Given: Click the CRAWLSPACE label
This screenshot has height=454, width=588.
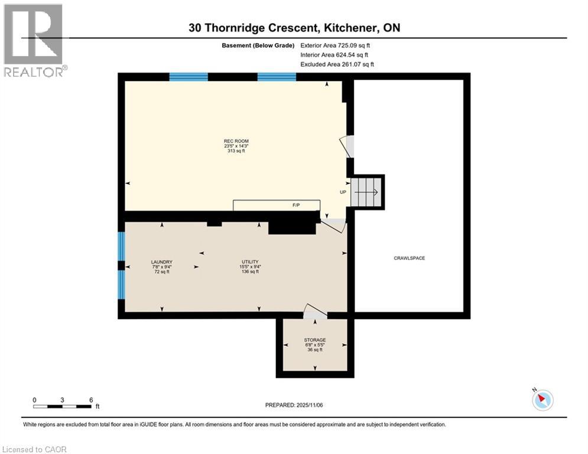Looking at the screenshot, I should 410,258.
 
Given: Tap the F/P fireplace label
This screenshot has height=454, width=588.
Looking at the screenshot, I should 296,205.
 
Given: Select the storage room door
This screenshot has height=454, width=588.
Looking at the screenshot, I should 315,312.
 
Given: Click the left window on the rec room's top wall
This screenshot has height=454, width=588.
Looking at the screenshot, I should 189,77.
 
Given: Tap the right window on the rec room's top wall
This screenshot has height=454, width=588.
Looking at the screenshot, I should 277,77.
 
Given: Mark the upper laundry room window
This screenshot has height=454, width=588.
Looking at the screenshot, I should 122,246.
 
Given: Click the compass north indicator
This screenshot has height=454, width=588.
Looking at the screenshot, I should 542,400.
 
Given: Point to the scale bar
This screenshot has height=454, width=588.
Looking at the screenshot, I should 62,406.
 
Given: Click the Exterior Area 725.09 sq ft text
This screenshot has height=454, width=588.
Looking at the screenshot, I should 336,45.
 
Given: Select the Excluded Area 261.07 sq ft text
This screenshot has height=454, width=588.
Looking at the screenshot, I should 337,64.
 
